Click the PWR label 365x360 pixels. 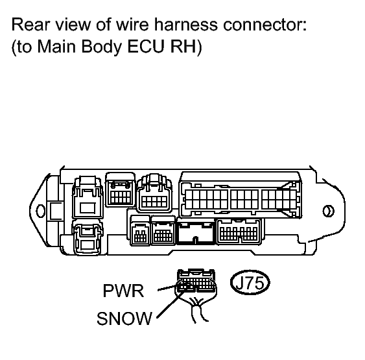[x=123, y=291]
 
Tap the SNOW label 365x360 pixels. [x=124, y=318]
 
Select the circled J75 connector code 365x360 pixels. [x=250, y=282]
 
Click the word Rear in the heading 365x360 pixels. [x=28, y=25]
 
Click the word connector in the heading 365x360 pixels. [x=265, y=25]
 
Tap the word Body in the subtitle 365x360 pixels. [x=102, y=47]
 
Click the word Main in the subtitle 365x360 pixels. [x=56, y=46]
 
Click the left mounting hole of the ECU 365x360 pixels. [x=40, y=211]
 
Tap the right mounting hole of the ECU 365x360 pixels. [x=328, y=211]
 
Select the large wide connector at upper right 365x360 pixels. [x=241, y=195]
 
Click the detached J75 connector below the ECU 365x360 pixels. [x=196, y=281]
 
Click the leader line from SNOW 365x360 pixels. [x=171, y=304]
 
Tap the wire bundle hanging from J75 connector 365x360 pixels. [x=198, y=308]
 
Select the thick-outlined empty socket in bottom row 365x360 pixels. [x=196, y=232]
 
